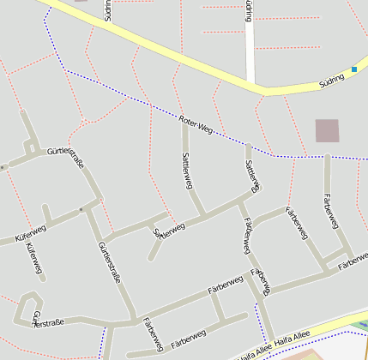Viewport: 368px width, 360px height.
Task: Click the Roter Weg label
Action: point(196,123)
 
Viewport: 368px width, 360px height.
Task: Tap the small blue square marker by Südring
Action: point(354,69)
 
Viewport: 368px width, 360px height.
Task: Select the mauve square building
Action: point(327,130)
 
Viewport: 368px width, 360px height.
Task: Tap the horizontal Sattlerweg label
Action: point(169,230)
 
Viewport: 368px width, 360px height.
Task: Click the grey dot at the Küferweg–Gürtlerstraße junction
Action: point(81,208)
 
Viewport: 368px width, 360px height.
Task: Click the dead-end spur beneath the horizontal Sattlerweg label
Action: point(155,249)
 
